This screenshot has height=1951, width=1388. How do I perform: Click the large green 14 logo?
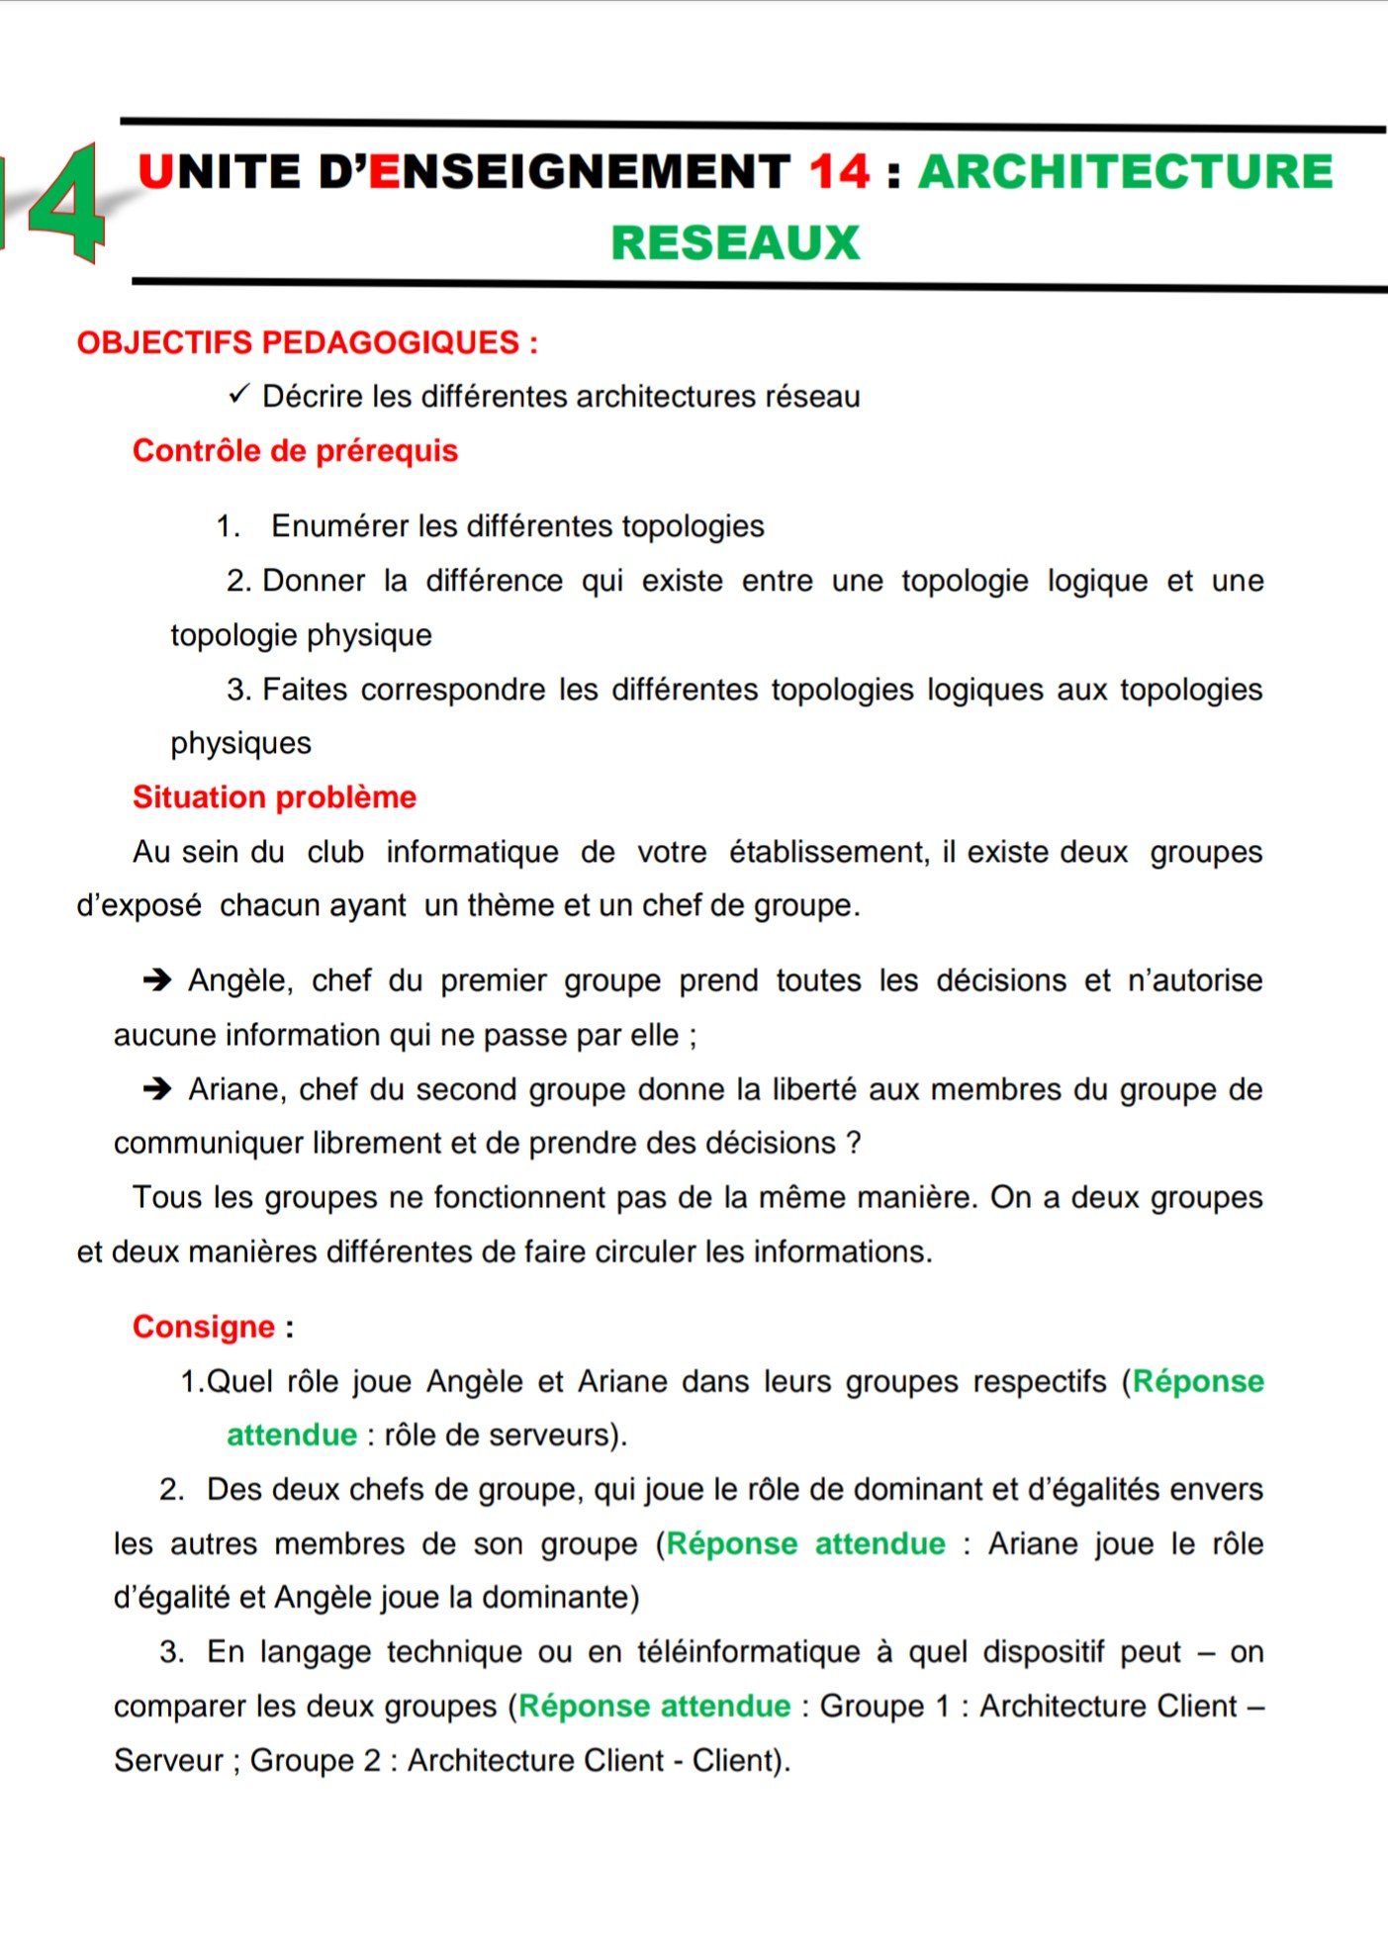click(x=54, y=203)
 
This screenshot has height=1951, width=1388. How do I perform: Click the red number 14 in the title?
click(x=840, y=172)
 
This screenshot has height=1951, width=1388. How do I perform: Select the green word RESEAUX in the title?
click(x=735, y=243)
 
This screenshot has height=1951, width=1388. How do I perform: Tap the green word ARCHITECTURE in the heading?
click(x=1126, y=172)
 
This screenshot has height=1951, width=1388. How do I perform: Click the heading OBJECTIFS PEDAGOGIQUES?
click(x=307, y=343)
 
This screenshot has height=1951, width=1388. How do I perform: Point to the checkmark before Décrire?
click(x=238, y=396)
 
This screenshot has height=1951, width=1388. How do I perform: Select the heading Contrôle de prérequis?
click(x=295, y=451)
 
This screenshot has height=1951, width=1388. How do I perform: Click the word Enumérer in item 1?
click(x=339, y=526)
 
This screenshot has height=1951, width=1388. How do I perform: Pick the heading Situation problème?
click(x=274, y=797)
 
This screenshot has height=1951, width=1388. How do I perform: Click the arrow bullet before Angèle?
click(x=157, y=980)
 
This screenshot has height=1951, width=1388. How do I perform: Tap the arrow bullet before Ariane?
click(x=157, y=1089)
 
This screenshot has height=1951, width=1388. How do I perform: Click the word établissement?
click(x=828, y=852)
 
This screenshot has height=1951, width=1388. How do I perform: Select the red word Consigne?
click(x=203, y=1327)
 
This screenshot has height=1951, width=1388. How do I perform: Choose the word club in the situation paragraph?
click(x=335, y=852)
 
